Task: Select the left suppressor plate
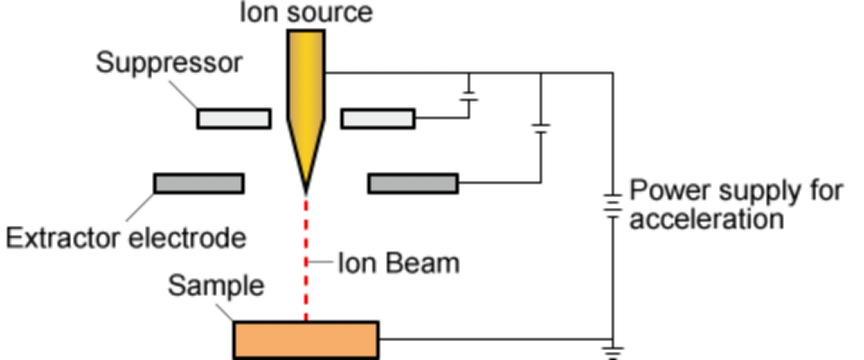click(233, 118)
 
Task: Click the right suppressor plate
click(377, 118)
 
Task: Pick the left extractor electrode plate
click(198, 184)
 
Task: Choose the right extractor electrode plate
click(413, 184)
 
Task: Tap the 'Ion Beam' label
click(398, 264)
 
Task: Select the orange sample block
click(306, 338)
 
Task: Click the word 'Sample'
click(217, 287)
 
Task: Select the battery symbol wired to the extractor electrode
click(540, 127)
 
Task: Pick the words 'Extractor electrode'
click(125, 238)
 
